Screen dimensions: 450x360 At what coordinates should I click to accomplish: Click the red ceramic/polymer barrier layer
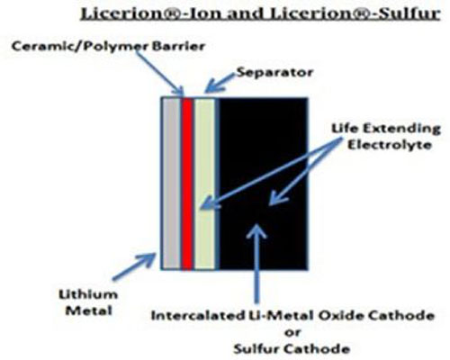[x=187, y=184]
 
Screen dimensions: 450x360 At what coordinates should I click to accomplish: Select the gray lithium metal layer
[x=172, y=184]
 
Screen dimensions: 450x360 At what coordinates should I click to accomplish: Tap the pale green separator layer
[x=204, y=184]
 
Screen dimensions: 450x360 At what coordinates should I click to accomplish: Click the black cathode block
[x=263, y=184]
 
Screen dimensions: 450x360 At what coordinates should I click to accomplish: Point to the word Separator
[x=274, y=72]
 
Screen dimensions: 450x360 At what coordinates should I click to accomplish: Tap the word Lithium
[x=88, y=294]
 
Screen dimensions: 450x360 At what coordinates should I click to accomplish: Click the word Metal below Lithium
[x=89, y=310]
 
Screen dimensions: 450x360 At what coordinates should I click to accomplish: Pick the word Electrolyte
[x=390, y=145]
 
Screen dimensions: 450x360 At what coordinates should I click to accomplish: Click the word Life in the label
[x=345, y=129]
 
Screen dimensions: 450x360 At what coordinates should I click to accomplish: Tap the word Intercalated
[x=197, y=316]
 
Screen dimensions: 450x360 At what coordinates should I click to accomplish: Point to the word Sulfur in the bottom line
[x=256, y=349]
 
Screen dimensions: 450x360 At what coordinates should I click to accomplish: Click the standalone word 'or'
[x=292, y=332]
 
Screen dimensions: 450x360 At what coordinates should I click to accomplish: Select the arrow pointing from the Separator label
[x=220, y=83]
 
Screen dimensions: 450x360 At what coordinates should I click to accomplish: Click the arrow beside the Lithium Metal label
[x=134, y=266]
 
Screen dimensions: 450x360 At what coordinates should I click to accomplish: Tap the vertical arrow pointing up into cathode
[x=256, y=264]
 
